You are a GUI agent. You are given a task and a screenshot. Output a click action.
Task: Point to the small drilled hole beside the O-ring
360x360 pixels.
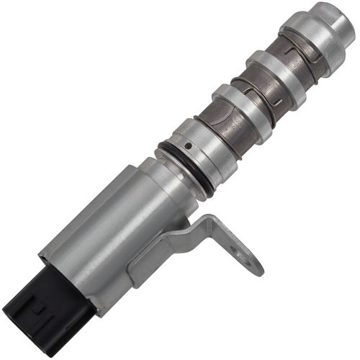(x=188, y=146)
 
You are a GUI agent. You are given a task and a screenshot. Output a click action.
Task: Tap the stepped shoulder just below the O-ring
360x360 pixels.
(x=173, y=180)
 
